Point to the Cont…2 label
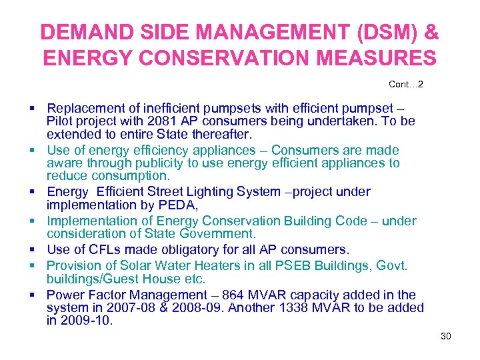[x=405, y=85]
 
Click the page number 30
[x=445, y=336]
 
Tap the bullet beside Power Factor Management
[x=32, y=295]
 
